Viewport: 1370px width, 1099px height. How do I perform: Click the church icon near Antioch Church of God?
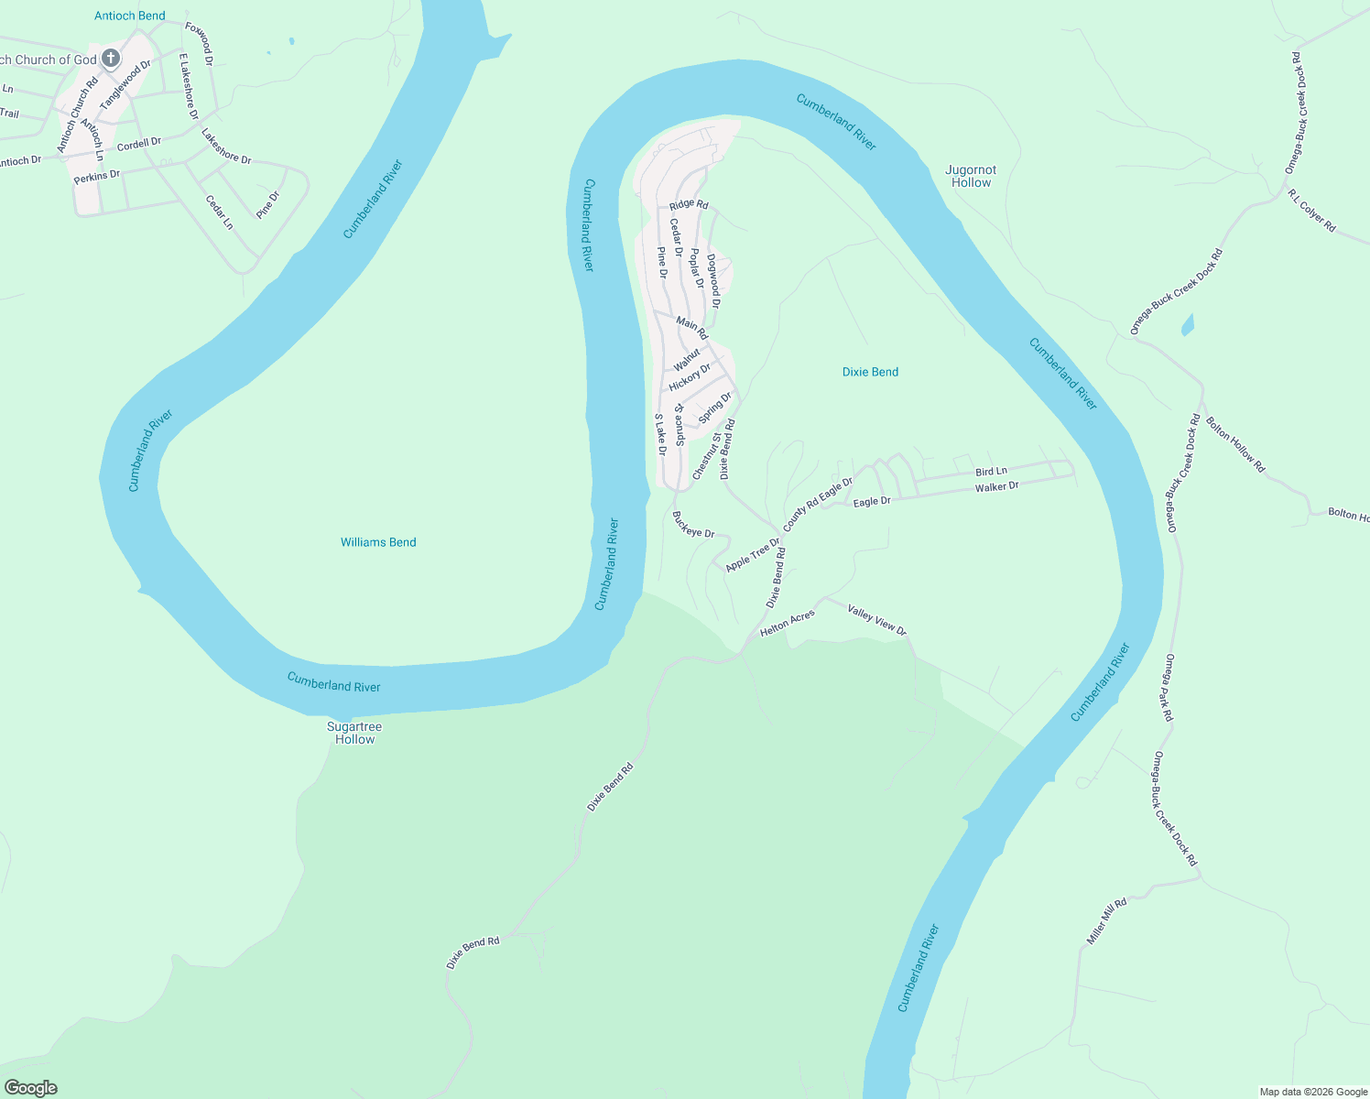click(111, 60)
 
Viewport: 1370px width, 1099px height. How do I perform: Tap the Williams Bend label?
click(378, 542)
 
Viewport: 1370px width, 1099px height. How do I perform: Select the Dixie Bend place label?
click(870, 372)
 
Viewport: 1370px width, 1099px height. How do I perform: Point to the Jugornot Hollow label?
click(971, 176)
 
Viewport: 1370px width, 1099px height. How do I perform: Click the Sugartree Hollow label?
click(354, 733)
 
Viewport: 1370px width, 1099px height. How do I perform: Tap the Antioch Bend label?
click(130, 16)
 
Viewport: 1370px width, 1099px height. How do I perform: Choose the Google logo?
click(30, 1088)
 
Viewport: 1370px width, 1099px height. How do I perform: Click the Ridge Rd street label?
click(689, 204)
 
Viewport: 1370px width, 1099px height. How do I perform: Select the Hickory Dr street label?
click(690, 376)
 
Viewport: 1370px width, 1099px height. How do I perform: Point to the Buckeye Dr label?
click(693, 525)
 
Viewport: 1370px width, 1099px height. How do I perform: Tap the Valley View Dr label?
click(876, 620)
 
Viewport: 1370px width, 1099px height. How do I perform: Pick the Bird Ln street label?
click(991, 472)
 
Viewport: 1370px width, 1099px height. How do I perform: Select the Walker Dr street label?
click(996, 487)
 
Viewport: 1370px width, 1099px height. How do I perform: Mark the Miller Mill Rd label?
click(1106, 921)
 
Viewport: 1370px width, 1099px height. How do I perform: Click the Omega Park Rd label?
click(1169, 688)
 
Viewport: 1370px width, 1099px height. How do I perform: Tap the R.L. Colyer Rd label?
click(1311, 211)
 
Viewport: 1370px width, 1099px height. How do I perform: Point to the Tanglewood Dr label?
click(125, 84)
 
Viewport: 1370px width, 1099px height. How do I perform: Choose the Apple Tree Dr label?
click(752, 555)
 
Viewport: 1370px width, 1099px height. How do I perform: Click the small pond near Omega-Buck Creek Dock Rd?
click(1188, 324)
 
